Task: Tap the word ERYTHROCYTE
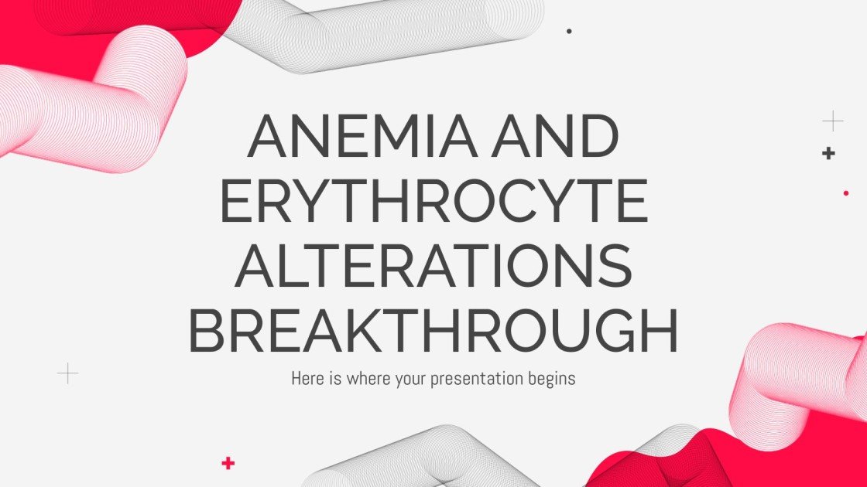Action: pyautogui.click(x=433, y=201)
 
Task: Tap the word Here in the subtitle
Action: pyautogui.click(x=307, y=379)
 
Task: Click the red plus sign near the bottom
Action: pyautogui.click(x=228, y=463)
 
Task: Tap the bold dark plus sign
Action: pyautogui.click(x=828, y=153)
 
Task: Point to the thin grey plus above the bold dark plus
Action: pyautogui.click(x=832, y=121)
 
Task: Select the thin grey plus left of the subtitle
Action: pyautogui.click(x=68, y=374)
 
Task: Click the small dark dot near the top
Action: pyautogui.click(x=569, y=32)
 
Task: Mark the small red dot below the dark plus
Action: pyautogui.click(x=845, y=193)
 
